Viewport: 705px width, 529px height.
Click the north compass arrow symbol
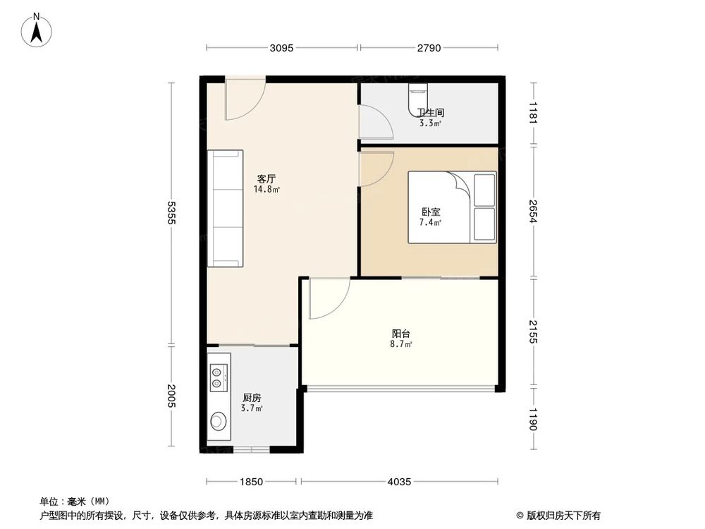[x=39, y=30]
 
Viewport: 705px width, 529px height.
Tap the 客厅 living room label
[x=264, y=179]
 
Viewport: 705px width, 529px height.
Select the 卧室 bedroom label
[x=430, y=212]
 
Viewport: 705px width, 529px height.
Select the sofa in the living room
[x=225, y=208]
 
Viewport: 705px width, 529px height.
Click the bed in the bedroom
[x=451, y=207]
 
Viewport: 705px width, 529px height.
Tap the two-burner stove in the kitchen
[x=219, y=376]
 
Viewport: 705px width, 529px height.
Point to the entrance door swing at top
[x=244, y=101]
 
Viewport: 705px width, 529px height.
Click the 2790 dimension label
[x=429, y=49]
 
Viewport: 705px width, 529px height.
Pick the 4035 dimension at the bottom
[x=400, y=482]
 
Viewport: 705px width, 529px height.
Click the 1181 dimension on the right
[x=534, y=113]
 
